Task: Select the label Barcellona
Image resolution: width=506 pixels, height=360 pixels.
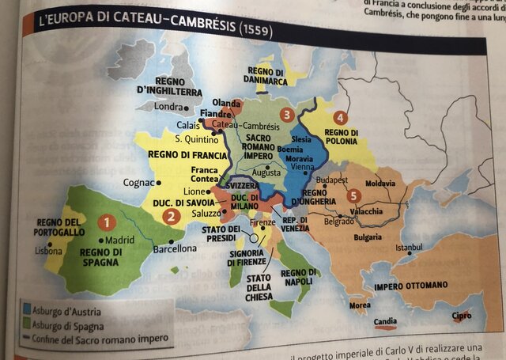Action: click(x=175, y=248)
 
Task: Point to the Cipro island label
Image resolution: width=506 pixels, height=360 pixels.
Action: click(x=460, y=316)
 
